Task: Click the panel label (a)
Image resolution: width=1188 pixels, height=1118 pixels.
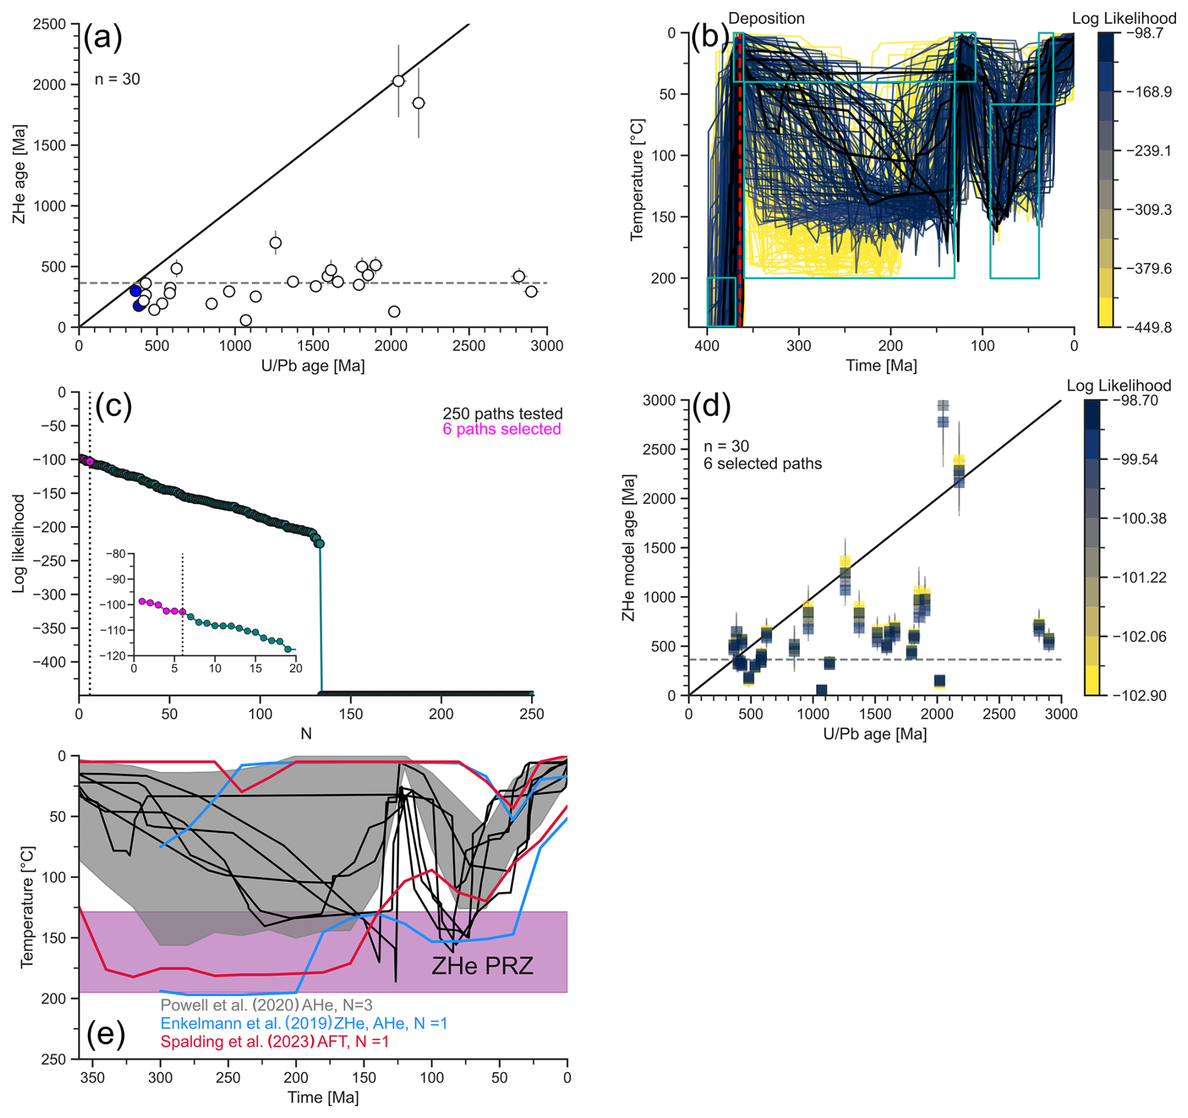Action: [x=103, y=38]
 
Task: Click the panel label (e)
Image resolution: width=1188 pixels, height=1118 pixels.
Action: [x=105, y=1033]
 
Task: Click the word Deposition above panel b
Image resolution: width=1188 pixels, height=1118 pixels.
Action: [x=766, y=18]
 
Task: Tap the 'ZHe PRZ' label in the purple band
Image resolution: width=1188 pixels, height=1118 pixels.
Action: [x=482, y=965]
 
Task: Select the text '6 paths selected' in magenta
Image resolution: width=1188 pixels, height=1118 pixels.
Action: [x=502, y=429]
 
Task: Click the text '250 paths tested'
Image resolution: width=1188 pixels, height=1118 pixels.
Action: [x=502, y=413]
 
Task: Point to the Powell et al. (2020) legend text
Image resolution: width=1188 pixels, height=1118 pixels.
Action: [x=266, y=1005]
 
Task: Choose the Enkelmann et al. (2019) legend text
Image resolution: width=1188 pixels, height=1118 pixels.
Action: [x=304, y=1023]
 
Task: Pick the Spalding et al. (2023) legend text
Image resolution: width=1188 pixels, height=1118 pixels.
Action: [x=274, y=1041]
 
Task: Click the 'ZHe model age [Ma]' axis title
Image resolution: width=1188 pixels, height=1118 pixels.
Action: [x=629, y=548]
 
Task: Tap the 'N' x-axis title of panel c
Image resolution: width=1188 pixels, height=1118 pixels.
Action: [x=306, y=734]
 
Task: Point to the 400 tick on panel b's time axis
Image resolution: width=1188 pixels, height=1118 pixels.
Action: [x=708, y=345]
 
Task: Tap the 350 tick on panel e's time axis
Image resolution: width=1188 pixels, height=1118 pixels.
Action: [x=93, y=1077]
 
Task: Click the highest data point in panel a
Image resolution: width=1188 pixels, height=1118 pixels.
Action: [x=398, y=81]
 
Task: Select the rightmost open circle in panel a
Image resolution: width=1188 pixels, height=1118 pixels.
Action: [x=531, y=291]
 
